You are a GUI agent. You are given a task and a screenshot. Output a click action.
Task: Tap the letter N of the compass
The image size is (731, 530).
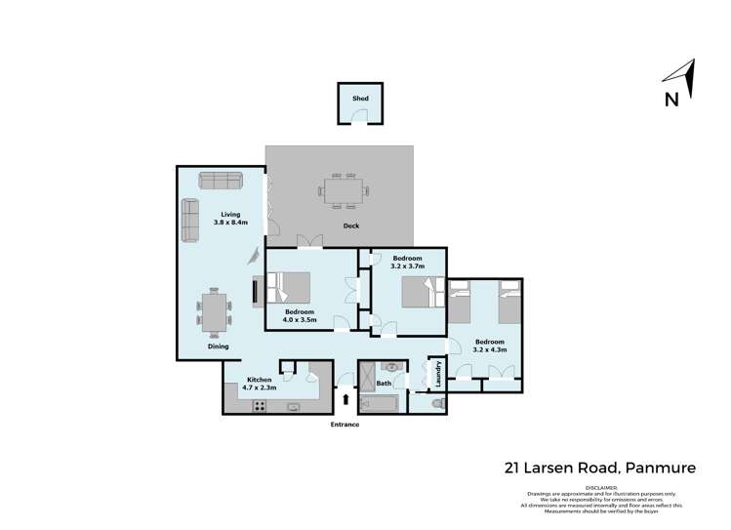[x=671, y=99]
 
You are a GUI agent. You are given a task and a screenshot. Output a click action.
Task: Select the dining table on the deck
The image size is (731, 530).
[x=344, y=190]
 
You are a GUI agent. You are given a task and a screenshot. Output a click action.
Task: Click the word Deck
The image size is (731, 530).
[x=351, y=226]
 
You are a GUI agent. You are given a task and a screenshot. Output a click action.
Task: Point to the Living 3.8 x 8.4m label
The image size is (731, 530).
[x=230, y=218]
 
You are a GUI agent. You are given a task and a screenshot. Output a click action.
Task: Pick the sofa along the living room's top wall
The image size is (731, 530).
[x=220, y=180]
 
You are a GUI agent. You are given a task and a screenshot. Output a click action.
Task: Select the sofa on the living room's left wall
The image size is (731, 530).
[x=188, y=221]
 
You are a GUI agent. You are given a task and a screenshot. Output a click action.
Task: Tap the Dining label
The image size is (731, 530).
[x=218, y=347]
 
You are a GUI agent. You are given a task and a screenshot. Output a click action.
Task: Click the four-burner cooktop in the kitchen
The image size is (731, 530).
[x=261, y=406]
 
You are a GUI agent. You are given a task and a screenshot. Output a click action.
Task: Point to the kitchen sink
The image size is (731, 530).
[x=294, y=407]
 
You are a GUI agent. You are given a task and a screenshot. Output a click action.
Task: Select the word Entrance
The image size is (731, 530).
[x=345, y=425]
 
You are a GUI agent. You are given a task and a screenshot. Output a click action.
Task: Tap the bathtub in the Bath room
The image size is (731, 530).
[x=379, y=403]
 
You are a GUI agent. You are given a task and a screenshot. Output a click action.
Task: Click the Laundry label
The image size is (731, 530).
[x=438, y=374]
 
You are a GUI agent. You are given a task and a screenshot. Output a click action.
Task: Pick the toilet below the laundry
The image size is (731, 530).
[x=436, y=404]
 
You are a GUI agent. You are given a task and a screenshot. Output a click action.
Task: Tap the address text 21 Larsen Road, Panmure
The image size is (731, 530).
[x=599, y=468]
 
